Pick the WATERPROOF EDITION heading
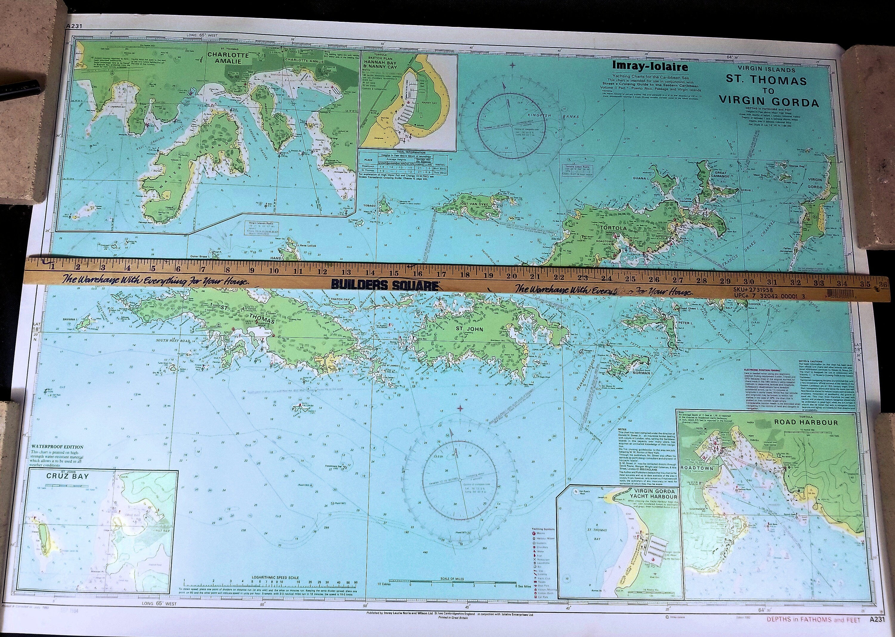57,447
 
